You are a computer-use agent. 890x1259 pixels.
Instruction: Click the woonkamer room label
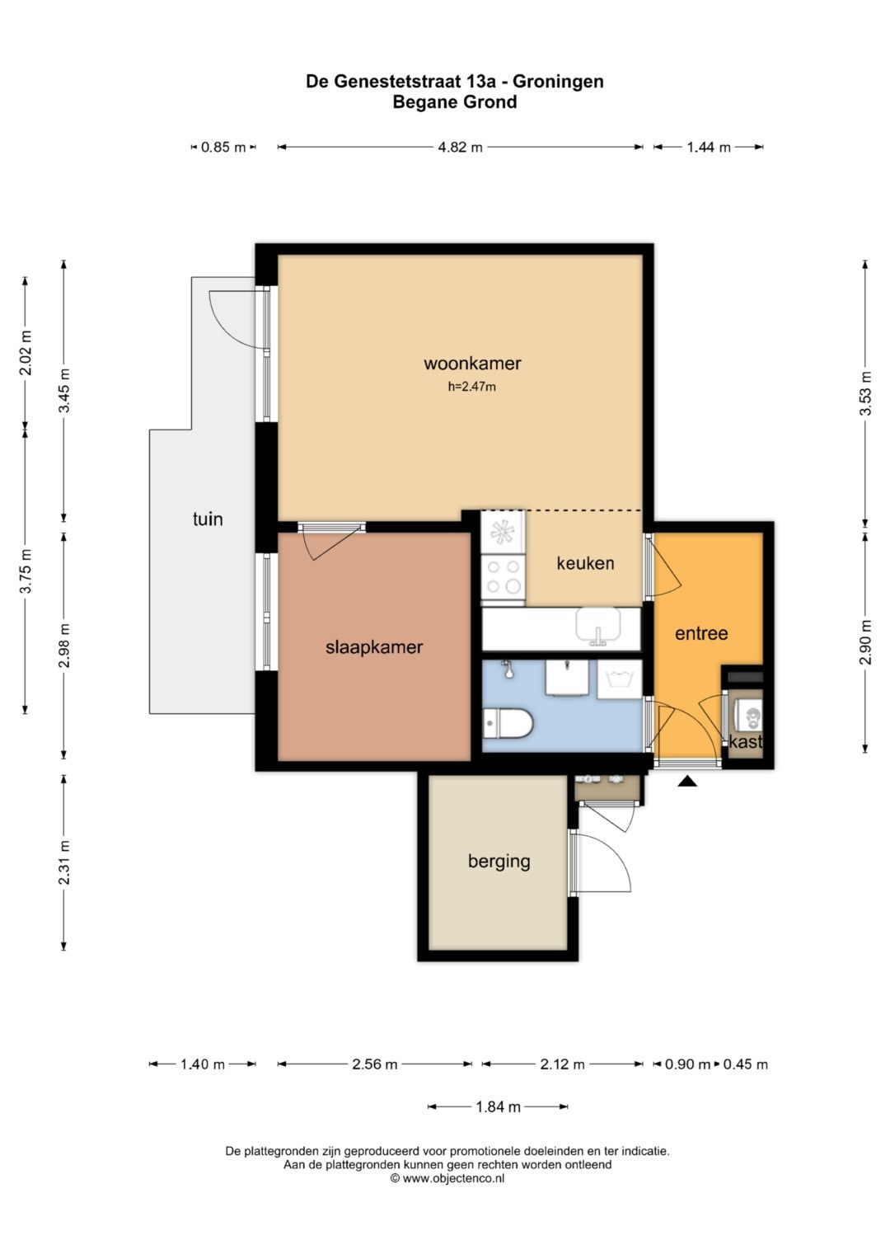[x=472, y=363]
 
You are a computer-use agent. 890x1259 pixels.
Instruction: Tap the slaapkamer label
[x=373, y=647]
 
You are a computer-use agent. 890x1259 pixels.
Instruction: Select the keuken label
[x=585, y=562]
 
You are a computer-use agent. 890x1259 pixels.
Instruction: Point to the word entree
[x=701, y=633]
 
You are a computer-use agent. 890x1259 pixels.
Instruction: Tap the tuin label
[x=208, y=519]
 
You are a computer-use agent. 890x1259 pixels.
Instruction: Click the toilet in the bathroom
[x=508, y=723]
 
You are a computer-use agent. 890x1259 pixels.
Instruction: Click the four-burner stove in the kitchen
[x=504, y=578]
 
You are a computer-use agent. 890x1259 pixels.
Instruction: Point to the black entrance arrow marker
[x=687, y=782]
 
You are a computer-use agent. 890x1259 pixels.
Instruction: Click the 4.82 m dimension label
[x=460, y=148]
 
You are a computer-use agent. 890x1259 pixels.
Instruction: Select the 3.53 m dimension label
[x=866, y=393]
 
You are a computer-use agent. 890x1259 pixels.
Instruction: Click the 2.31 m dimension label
[x=64, y=862]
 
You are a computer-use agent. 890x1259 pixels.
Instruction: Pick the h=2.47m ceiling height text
[x=472, y=387]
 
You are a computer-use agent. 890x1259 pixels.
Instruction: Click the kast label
[x=746, y=741]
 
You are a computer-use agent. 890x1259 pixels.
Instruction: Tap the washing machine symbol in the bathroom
[x=619, y=679]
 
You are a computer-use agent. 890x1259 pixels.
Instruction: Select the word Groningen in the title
[x=558, y=82]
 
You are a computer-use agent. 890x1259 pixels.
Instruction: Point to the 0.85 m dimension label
[x=223, y=148]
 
